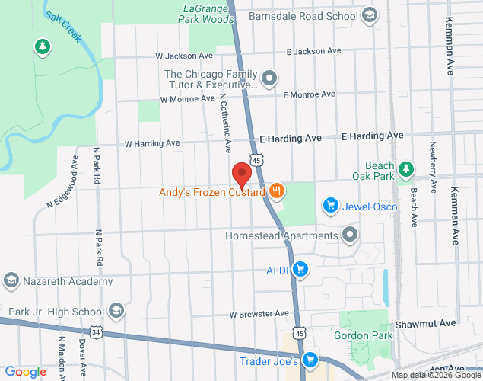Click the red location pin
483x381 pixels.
pos(242,175)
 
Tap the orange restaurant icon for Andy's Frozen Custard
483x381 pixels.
pos(276,192)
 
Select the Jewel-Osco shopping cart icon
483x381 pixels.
pos(330,205)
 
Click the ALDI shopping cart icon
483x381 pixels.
pos(300,269)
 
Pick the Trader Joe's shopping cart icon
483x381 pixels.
pos(310,360)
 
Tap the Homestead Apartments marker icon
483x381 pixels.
pos(350,235)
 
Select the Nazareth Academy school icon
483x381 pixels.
pos(11,281)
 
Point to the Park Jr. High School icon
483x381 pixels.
pos(116,310)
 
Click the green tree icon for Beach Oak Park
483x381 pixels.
pos(407,168)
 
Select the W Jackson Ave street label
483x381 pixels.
pos(184,56)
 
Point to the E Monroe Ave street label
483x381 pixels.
pos(309,94)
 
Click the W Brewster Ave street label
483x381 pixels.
pos(259,313)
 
